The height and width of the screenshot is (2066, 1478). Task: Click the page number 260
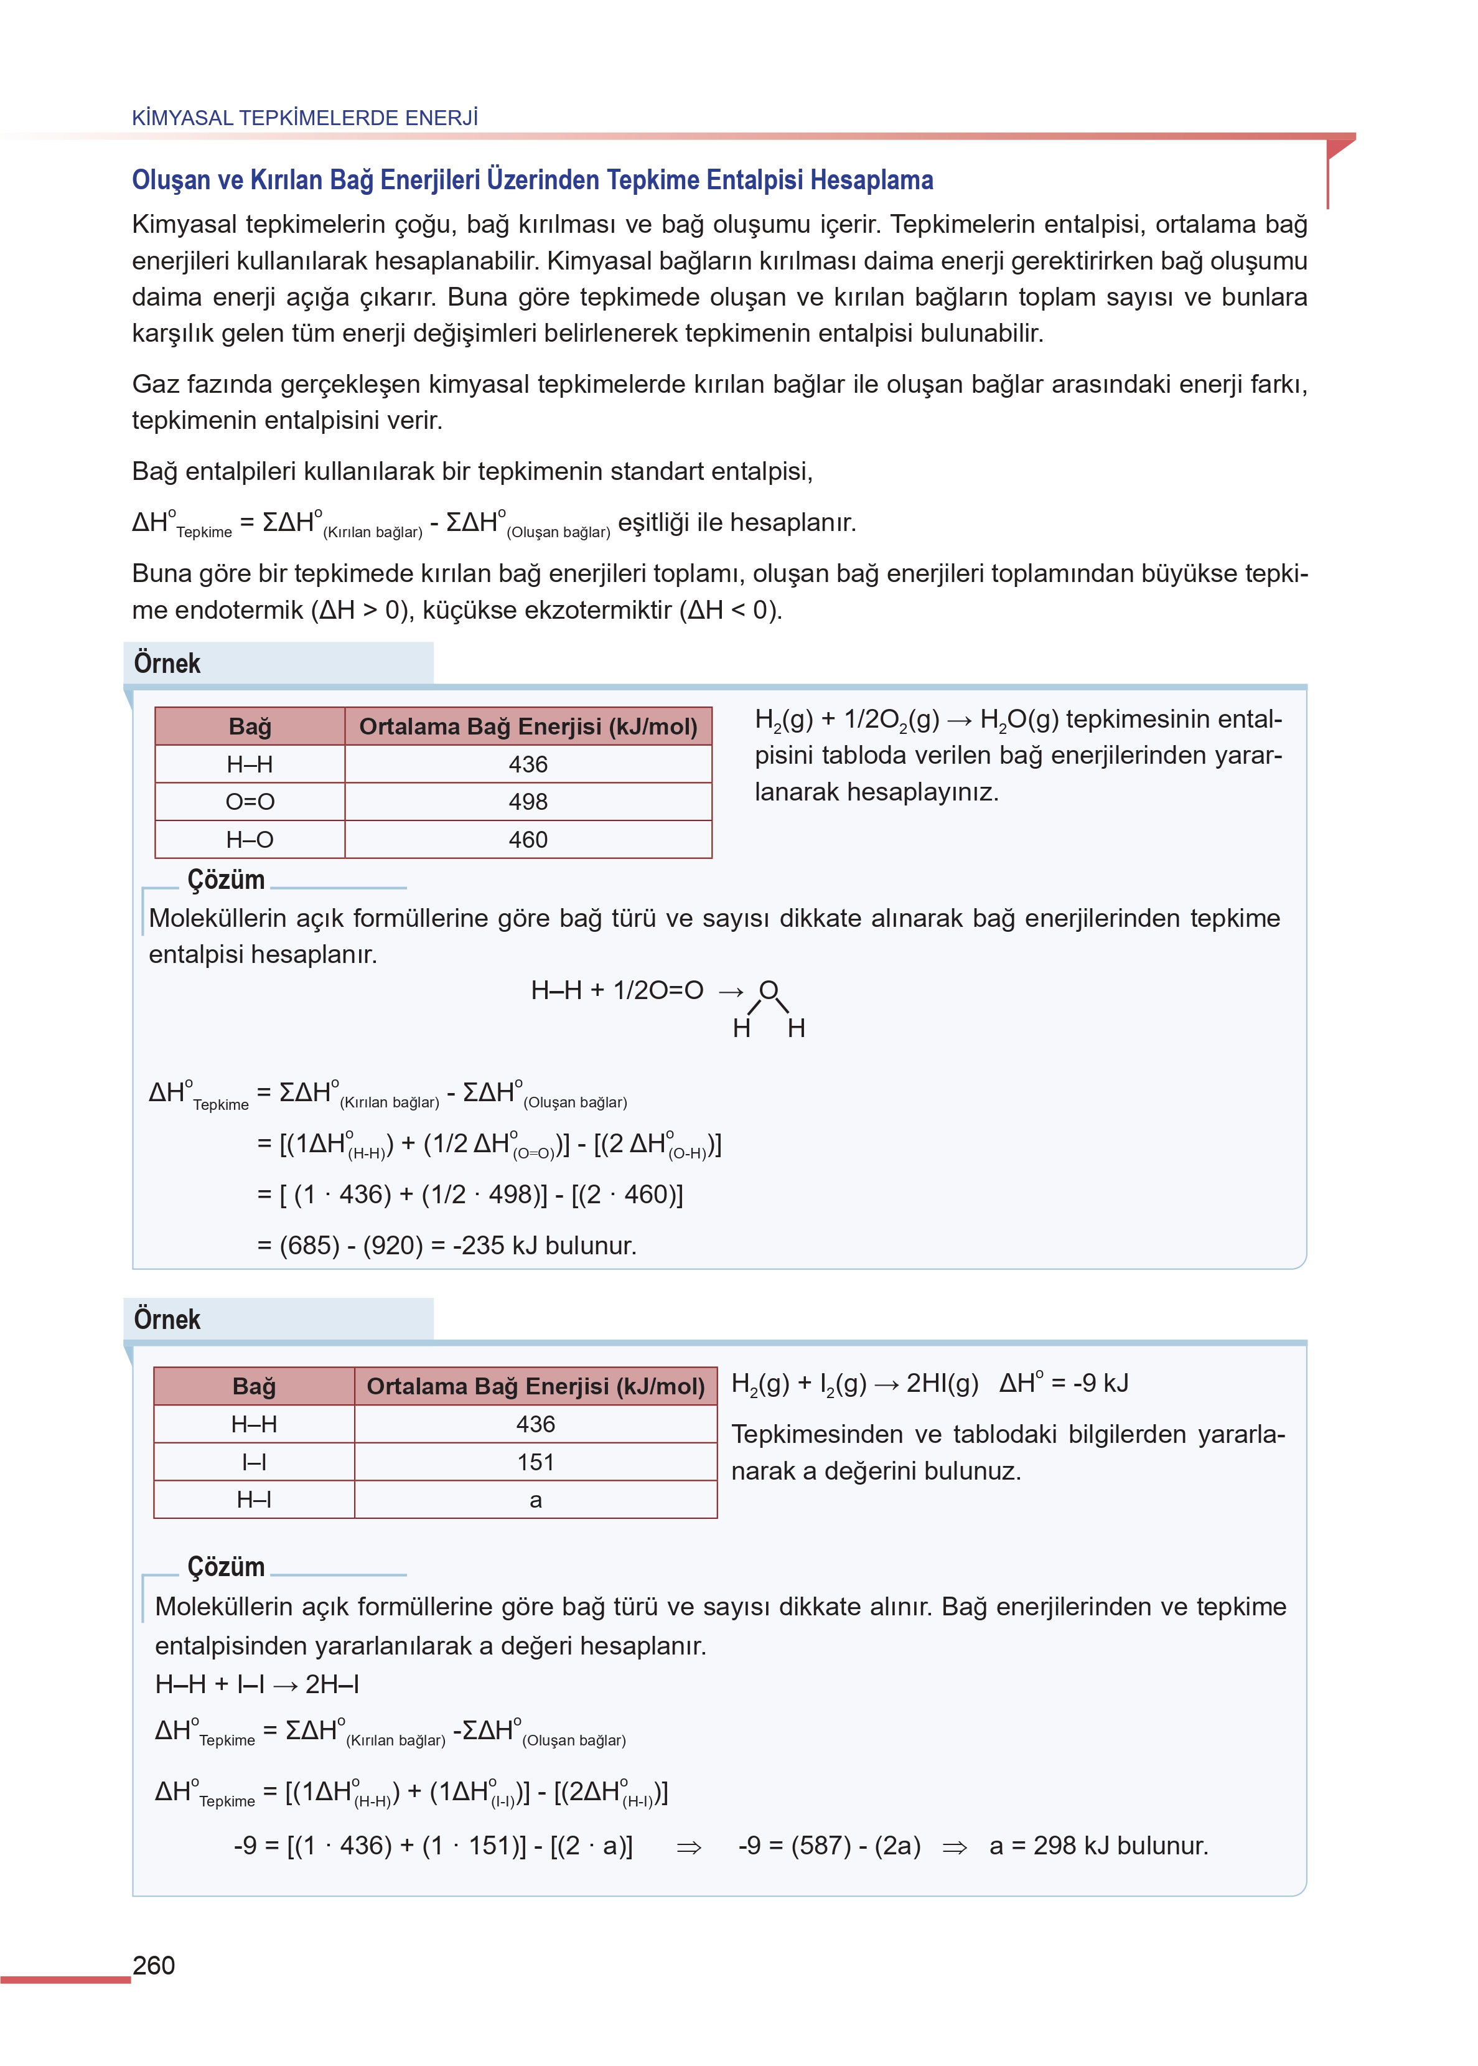click(154, 1966)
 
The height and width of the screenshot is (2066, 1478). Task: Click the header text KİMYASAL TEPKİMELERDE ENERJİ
click(305, 118)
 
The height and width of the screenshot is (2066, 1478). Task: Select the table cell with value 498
click(528, 802)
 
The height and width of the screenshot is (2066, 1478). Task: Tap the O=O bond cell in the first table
click(250, 802)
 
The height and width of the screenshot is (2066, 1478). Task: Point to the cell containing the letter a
click(535, 1500)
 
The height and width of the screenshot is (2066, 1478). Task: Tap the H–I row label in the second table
click(254, 1500)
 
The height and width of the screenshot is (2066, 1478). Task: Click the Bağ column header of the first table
click(250, 727)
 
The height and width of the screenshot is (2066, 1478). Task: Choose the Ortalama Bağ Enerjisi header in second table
click(535, 1387)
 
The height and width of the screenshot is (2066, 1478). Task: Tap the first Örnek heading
click(167, 664)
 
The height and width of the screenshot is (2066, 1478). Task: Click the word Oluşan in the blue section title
click(173, 180)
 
